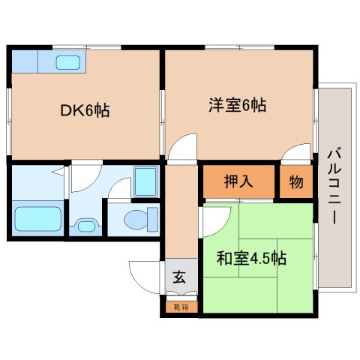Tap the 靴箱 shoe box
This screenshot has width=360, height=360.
[180, 306]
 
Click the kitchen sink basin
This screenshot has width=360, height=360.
[69, 62]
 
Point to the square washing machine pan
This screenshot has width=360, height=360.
[144, 181]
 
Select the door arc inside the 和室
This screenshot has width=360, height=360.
[214, 219]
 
